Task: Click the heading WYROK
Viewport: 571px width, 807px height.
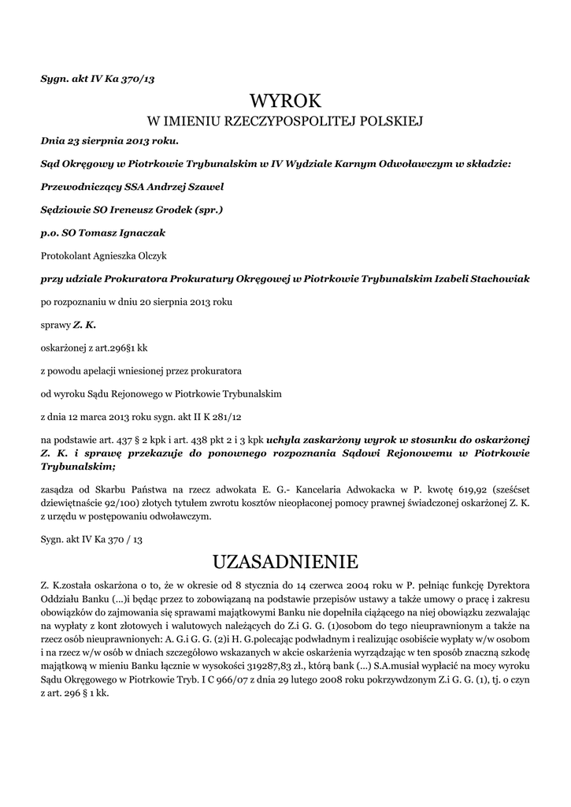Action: pos(285,101)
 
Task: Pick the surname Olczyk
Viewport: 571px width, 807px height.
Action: pos(161,255)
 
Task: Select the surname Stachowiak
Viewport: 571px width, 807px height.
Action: pos(497,278)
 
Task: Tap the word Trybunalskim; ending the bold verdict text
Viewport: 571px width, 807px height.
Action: pos(73,466)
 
